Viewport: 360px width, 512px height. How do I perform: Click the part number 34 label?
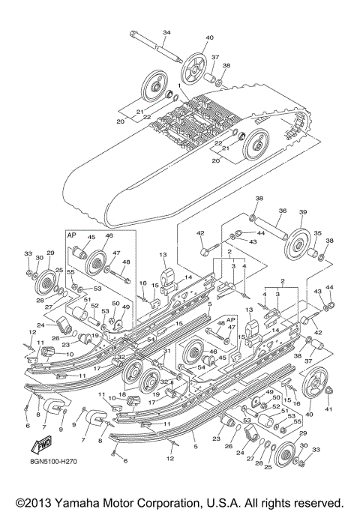[166, 32]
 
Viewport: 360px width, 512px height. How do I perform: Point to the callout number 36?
[283, 211]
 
